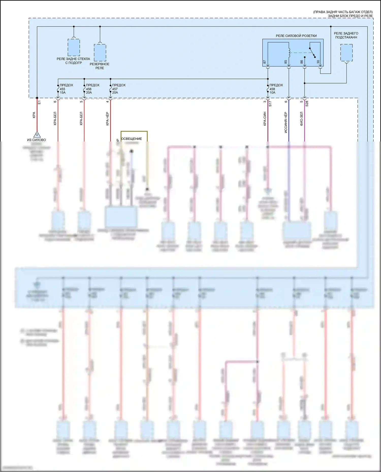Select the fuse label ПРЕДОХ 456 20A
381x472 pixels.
click(x=92, y=89)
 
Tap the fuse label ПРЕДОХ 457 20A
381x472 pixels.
click(x=119, y=89)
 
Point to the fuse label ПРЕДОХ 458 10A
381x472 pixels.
click(x=276, y=89)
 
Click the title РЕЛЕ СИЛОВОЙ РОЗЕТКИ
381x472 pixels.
click(x=296, y=36)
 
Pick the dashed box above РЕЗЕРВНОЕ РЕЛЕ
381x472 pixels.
click(x=100, y=53)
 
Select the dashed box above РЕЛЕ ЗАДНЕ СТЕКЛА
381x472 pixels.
click(x=74, y=47)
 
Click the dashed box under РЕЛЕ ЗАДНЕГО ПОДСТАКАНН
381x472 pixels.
click(x=346, y=53)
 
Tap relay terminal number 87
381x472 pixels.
click(x=265, y=62)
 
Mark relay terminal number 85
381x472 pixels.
click(x=286, y=62)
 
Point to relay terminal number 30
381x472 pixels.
click(x=318, y=62)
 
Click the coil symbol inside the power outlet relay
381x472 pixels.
click(x=289, y=53)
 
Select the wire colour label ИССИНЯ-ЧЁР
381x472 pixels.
click(x=286, y=123)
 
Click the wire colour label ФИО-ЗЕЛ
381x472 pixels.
click(x=301, y=119)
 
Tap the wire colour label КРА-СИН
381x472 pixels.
click(x=265, y=119)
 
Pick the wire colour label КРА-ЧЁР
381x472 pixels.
click(x=107, y=119)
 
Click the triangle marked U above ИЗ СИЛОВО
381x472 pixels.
click(x=37, y=134)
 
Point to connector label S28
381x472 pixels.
click(x=307, y=103)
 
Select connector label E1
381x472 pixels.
click(x=39, y=102)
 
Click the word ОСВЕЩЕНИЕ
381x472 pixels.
click(x=131, y=139)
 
